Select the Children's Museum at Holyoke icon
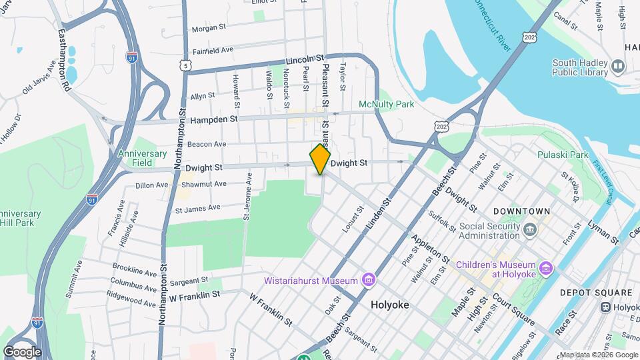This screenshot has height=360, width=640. [546, 268]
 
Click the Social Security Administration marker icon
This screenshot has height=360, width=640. [529, 231]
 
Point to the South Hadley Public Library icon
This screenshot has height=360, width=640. [618, 67]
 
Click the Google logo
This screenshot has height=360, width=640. [22, 351]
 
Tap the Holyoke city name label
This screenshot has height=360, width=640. [389, 305]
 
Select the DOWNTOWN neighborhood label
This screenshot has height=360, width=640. [521, 211]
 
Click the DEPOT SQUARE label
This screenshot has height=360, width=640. [595, 293]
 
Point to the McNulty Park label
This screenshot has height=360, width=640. [387, 104]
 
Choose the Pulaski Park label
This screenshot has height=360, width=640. [563, 155]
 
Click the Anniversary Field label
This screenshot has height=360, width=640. [143, 158]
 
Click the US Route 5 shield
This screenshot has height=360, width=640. [185, 64]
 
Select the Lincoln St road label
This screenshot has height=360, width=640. [304, 60]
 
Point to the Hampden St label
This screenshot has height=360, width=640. [213, 119]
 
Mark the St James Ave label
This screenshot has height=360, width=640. [197, 208]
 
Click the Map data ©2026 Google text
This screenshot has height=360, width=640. [597, 354]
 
